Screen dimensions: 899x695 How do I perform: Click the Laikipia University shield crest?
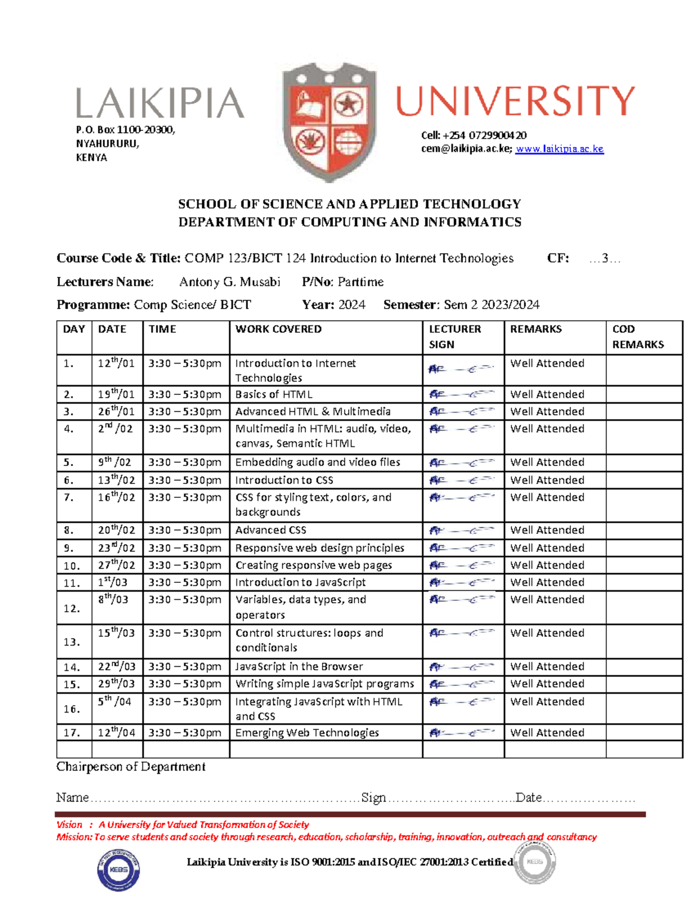(x=329, y=122)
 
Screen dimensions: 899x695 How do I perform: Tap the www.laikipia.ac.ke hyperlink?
(x=559, y=149)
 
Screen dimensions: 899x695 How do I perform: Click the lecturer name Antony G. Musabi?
(x=229, y=282)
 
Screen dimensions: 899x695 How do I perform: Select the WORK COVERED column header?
(x=278, y=329)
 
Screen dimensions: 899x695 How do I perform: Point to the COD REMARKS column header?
(x=638, y=336)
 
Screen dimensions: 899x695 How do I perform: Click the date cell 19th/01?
(x=116, y=394)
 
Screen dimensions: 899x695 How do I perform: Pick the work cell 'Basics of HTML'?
(x=273, y=394)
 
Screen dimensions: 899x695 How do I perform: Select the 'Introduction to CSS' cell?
(x=284, y=480)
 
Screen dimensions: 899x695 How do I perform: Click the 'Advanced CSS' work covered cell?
(x=270, y=530)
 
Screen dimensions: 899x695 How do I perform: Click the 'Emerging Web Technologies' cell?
(x=307, y=732)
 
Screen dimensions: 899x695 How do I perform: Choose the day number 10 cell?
(x=72, y=566)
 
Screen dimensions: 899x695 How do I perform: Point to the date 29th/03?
(x=116, y=684)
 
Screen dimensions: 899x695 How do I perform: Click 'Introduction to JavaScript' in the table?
(x=300, y=582)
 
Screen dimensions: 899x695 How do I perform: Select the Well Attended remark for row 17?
(x=547, y=732)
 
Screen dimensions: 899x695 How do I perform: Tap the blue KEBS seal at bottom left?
(x=118, y=869)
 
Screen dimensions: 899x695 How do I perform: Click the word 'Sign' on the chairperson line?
(x=374, y=798)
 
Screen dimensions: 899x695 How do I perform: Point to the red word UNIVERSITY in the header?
(x=515, y=101)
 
